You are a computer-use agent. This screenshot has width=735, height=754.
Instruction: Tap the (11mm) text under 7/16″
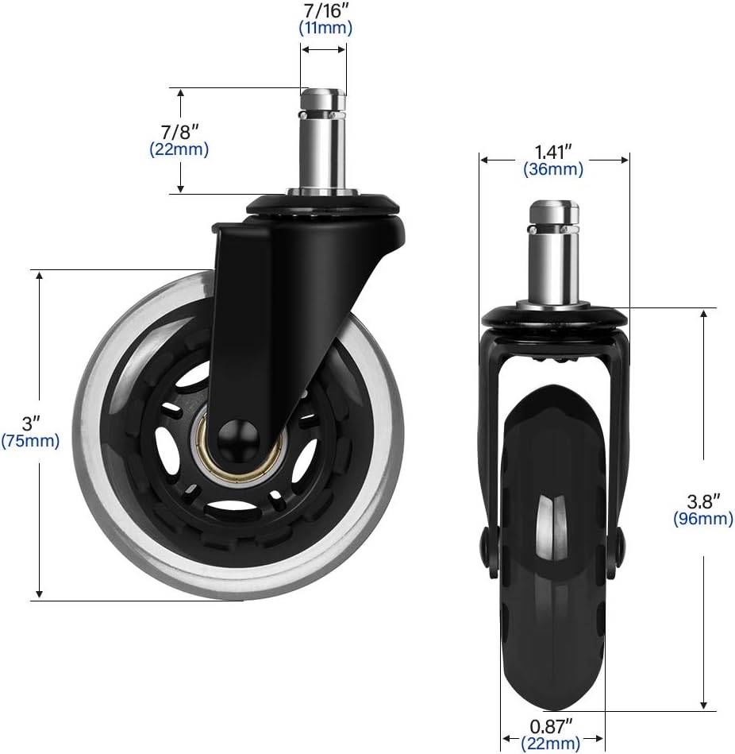(x=325, y=28)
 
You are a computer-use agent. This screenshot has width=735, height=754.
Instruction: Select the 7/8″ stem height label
(x=179, y=131)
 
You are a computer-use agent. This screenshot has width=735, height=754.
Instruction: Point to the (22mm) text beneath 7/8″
(x=179, y=149)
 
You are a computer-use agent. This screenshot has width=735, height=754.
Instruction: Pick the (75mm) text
(x=30, y=441)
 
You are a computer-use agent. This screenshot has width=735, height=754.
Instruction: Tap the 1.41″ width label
(x=553, y=150)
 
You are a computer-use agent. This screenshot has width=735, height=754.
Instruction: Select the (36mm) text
(x=553, y=168)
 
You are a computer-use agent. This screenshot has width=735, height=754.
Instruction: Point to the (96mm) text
(x=702, y=519)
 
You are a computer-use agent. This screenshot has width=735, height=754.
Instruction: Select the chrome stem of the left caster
(x=322, y=143)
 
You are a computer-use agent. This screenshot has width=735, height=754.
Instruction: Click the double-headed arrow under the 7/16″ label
(x=323, y=49)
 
